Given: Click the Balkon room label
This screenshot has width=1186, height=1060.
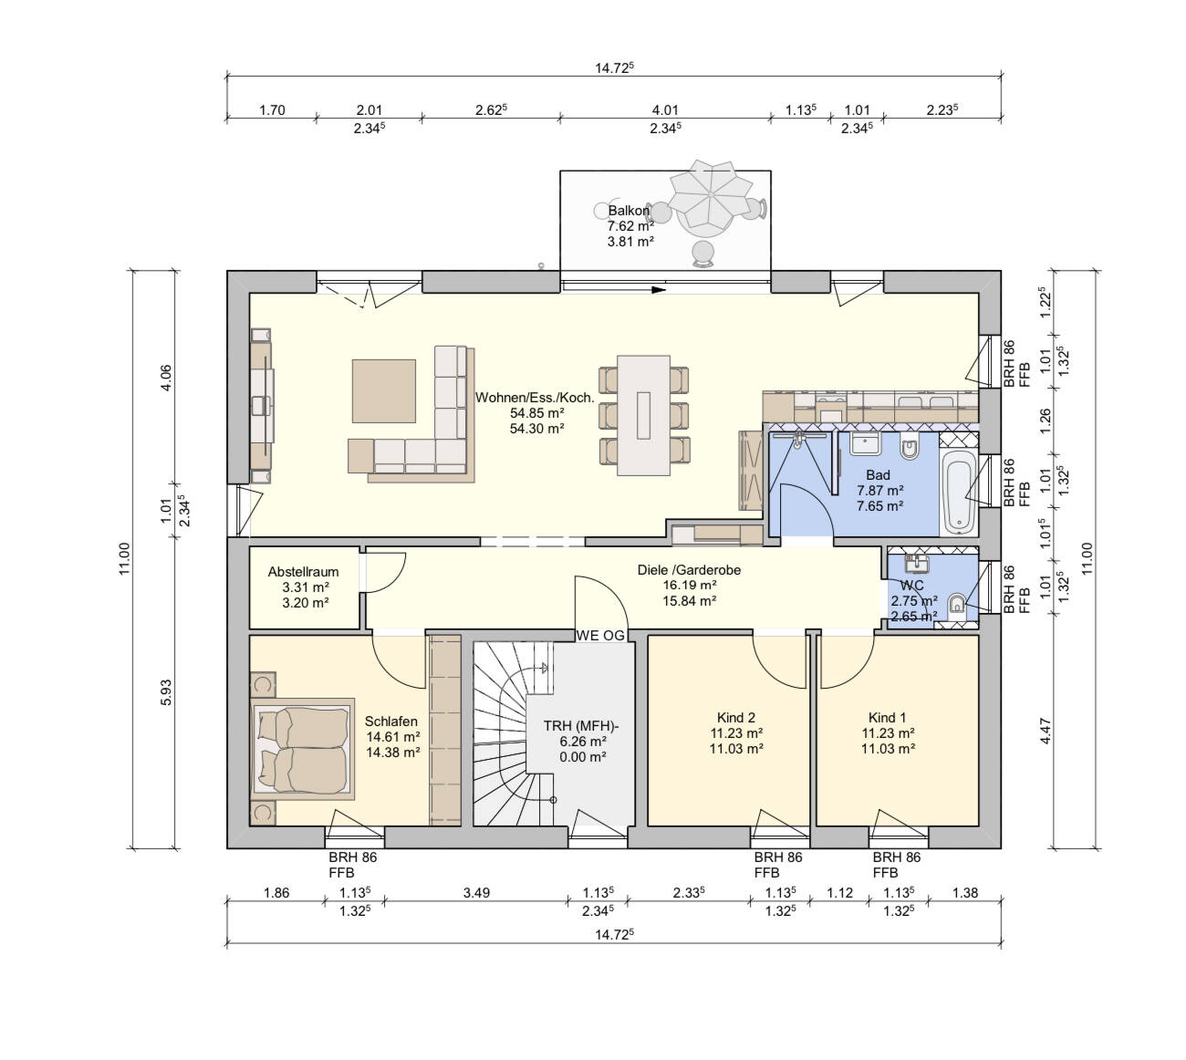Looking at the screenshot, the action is [x=628, y=210].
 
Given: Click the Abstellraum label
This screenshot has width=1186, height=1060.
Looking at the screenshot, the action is [x=303, y=572].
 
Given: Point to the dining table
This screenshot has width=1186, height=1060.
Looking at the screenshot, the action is [x=643, y=415].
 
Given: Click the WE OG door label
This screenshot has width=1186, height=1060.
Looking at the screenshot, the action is [x=600, y=636].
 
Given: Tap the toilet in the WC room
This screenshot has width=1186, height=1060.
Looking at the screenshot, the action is [x=956, y=607].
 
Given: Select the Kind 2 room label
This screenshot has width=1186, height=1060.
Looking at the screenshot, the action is [x=736, y=718].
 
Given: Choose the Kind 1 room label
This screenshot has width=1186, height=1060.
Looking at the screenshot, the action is [x=887, y=718].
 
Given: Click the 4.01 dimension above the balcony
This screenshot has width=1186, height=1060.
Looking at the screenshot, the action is [x=665, y=110].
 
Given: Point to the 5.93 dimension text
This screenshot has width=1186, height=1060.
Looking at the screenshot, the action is [x=166, y=692].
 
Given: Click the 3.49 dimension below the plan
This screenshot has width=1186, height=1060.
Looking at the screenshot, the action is [x=476, y=892].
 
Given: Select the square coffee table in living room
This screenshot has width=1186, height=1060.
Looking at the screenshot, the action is [x=383, y=391].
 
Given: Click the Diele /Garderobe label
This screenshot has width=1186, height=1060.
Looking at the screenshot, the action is [x=689, y=569].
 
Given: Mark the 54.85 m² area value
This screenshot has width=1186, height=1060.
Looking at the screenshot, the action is [x=536, y=412].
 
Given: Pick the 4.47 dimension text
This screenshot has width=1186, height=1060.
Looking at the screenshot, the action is [x=1046, y=732].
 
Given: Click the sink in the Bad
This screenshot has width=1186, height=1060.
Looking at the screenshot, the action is [x=866, y=443].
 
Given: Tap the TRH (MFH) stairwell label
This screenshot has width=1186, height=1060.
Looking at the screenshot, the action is [x=581, y=726].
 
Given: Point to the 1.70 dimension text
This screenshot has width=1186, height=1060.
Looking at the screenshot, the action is [x=272, y=110].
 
